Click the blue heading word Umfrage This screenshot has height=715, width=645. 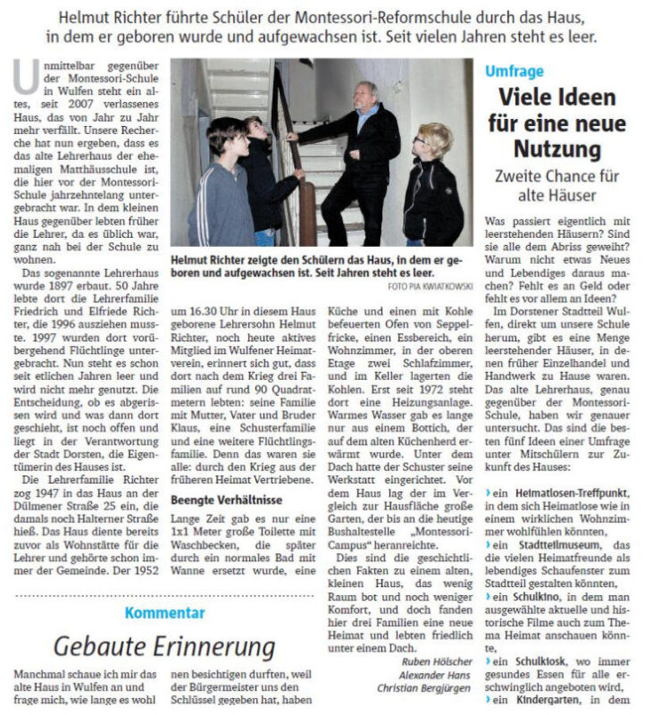pos(514,71)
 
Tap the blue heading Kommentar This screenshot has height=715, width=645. pos(164,612)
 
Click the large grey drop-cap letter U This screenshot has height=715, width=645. pos(25,78)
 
